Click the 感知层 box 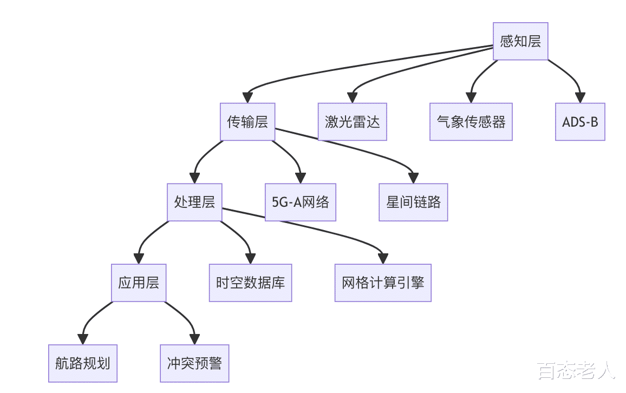[x=520, y=41]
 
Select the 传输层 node [x=247, y=122]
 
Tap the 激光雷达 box [x=352, y=122]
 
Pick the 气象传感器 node [x=471, y=122]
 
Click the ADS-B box [x=580, y=122]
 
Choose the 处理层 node [x=194, y=202]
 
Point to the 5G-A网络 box [x=301, y=202]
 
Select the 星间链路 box [x=413, y=202]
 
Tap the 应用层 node [x=139, y=283]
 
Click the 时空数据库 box [x=250, y=283]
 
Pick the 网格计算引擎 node [x=383, y=283]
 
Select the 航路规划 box [x=83, y=363]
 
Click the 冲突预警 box [x=194, y=363]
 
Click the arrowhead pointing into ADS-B [x=580, y=98]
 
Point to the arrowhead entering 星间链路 [x=413, y=178]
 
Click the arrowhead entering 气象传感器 [x=471, y=98]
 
